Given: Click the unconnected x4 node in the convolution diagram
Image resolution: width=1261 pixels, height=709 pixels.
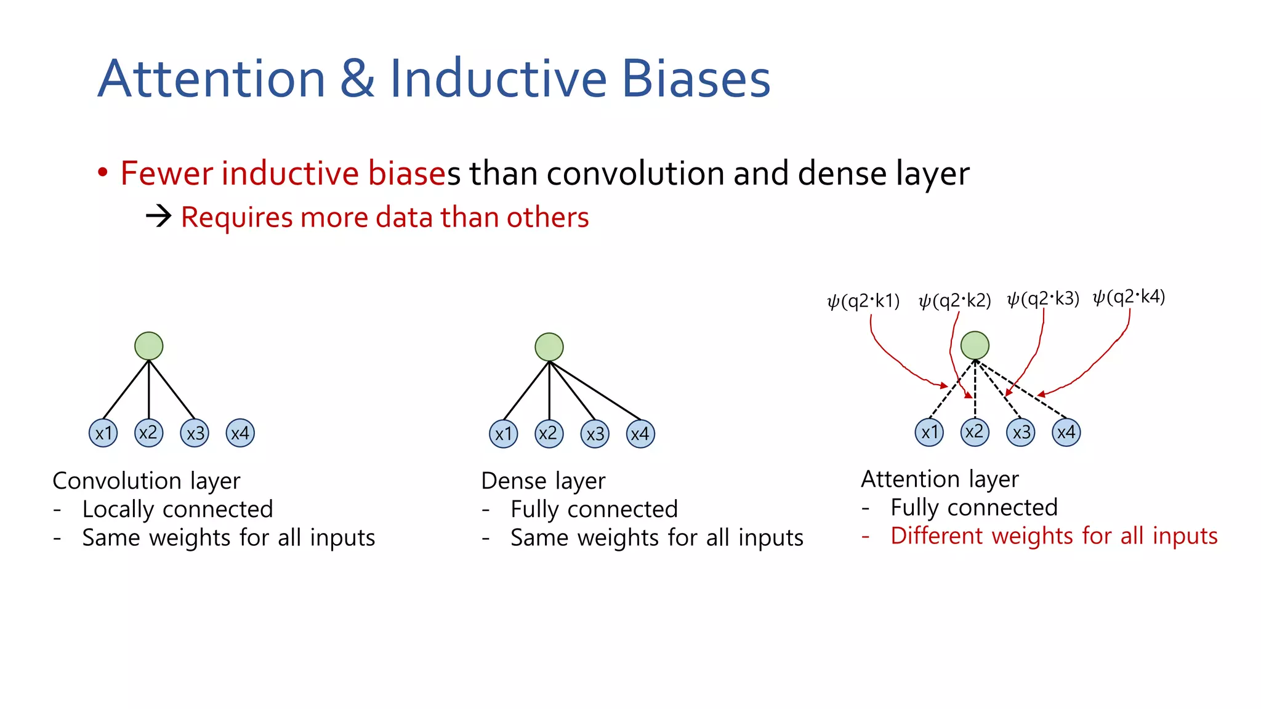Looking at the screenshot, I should [240, 433].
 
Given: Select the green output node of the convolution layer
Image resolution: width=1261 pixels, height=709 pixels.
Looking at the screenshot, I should [149, 346].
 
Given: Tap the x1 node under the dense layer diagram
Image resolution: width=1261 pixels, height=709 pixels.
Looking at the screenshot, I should [504, 434].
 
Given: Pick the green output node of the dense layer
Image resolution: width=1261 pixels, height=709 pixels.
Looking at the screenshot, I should [549, 347].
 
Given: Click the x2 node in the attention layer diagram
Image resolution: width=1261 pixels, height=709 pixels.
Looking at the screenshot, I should [975, 432].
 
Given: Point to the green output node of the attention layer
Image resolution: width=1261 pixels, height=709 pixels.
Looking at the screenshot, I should [975, 345].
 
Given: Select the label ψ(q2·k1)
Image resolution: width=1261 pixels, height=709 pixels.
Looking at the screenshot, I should [863, 301].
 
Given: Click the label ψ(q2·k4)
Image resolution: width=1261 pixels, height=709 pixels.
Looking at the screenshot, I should [1129, 297].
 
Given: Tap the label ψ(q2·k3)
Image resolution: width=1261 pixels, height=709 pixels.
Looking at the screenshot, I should [1043, 299].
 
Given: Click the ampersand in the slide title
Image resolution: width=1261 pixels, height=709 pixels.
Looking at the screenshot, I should [357, 79].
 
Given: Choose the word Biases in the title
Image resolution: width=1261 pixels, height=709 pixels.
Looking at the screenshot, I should [696, 79].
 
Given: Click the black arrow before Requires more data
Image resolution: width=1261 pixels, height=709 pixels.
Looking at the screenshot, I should [159, 217].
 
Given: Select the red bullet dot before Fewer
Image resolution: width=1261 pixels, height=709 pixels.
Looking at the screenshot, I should [103, 172].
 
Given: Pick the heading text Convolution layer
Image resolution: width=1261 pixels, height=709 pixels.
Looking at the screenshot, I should [147, 481].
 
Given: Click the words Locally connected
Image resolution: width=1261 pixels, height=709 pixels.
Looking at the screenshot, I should [177, 509].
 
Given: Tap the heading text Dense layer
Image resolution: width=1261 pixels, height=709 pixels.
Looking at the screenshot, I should [543, 481].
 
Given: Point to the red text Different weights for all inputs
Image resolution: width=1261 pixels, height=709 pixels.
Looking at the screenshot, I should [1054, 536].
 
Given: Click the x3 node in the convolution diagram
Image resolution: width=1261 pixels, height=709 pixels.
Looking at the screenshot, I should [195, 433].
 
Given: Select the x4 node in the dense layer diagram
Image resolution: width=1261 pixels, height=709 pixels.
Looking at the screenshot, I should [640, 434].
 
